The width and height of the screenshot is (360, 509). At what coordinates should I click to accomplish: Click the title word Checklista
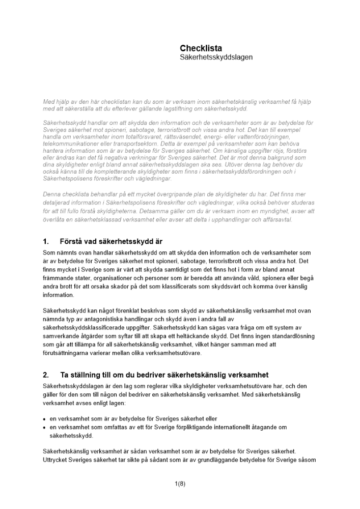(x=201, y=48)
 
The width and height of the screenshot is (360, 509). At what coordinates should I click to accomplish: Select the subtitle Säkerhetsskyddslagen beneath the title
(x=216, y=58)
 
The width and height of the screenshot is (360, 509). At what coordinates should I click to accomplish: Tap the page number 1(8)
(x=180, y=484)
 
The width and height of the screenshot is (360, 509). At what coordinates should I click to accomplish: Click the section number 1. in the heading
(x=46, y=241)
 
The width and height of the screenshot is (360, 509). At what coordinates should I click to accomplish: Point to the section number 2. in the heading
(x=46, y=375)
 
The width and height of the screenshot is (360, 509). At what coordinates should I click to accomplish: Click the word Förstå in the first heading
(x=72, y=241)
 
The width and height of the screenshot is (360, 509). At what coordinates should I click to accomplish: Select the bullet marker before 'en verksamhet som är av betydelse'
(x=44, y=419)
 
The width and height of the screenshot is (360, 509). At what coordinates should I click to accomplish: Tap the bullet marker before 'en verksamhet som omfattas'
(x=44, y=428)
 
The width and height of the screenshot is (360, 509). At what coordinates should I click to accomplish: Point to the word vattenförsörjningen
(x=286, y=137)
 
